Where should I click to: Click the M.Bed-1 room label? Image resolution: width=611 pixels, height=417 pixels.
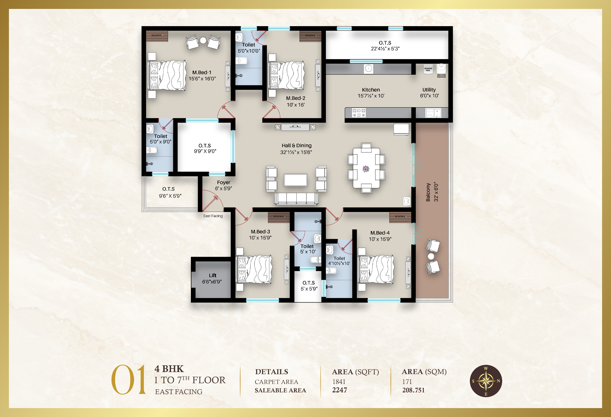[x=202, y=72]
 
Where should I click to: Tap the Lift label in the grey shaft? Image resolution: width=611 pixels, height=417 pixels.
[x=212, y=275]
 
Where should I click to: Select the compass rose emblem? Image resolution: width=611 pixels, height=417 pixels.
[x=486, y=381]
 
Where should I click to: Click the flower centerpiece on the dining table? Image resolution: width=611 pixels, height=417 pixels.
[x=366, y=169]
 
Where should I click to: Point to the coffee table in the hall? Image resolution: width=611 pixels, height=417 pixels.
[x=295, y=180]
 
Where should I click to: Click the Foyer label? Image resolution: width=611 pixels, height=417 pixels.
[x=223, y=182]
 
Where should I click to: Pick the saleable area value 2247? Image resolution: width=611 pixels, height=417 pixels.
[x=340, y=390]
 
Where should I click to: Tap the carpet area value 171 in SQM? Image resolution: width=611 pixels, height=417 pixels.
[x=407, y=382]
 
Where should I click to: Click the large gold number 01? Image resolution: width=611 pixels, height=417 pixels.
[x=128, y=380]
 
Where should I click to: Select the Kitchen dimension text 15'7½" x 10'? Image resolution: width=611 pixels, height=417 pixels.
[x=371, y=96]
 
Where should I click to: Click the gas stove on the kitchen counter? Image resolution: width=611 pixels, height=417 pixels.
[x=359, y=113]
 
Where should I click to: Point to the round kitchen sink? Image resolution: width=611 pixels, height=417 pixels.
[x=368, y=69]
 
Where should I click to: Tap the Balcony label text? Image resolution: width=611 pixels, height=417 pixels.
[x=428, y=192]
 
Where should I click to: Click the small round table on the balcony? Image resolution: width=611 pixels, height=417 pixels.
[x=431, y=256]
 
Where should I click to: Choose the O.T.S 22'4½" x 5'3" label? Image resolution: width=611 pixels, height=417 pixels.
[x=385, y=46]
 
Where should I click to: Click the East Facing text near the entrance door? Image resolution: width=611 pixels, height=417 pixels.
[x=213, y=216]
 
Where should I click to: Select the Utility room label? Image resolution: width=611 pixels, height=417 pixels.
[x=429, y=90]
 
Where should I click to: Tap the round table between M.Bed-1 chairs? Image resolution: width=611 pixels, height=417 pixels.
[x=203, y=40]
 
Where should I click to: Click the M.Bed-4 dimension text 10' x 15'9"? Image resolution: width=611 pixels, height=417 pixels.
[x=380, y=239]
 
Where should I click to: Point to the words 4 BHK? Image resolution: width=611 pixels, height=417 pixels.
[x=169, y=369]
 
